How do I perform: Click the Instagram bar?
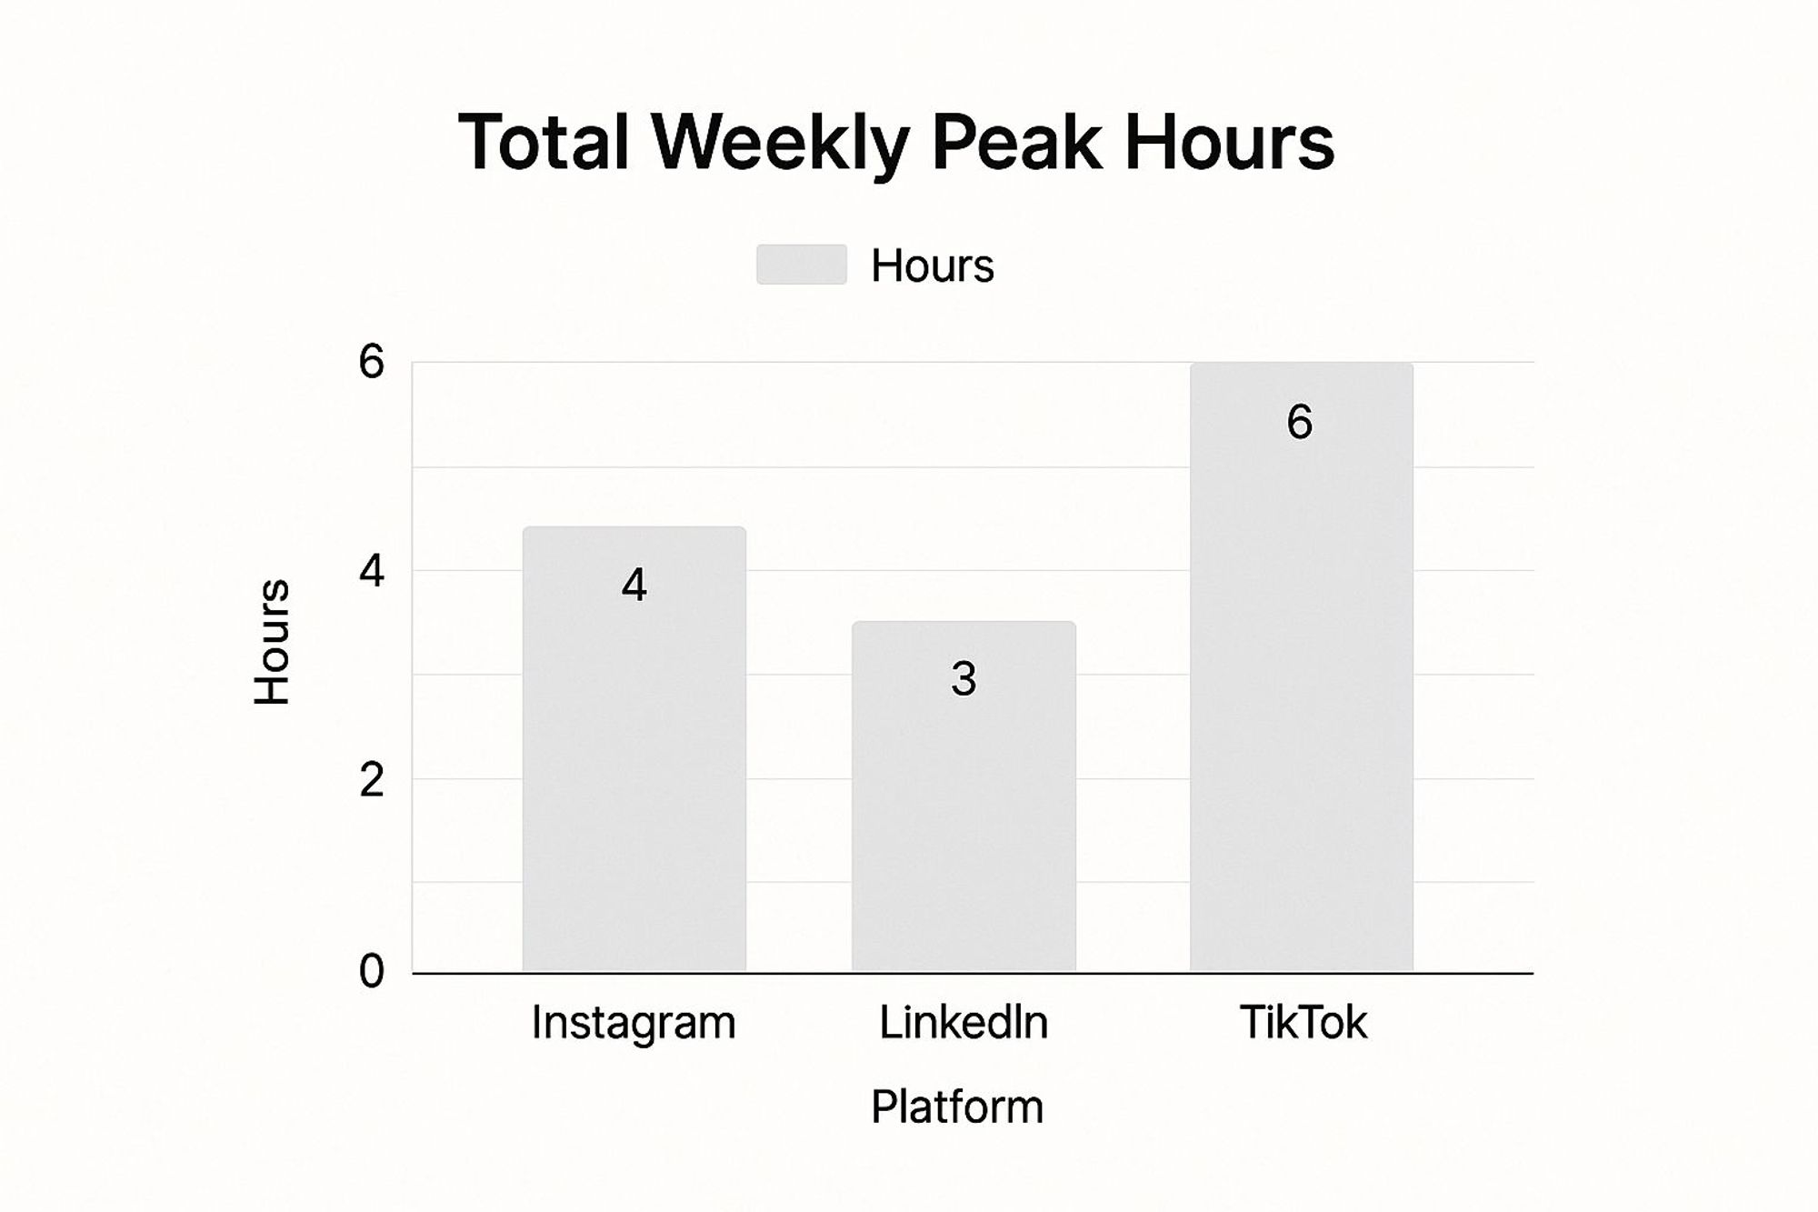(634, 749)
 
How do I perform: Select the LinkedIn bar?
(964, 796)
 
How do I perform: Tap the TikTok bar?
(1302, 667)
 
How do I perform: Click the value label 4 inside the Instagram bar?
(634, 585)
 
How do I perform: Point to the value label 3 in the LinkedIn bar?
(964, 679)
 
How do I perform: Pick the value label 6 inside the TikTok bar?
(1300, 422)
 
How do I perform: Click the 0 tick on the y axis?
(371, 971)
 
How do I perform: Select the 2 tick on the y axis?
(371, 780)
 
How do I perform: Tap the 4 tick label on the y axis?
(371, 572)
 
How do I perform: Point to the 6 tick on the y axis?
(371, 362)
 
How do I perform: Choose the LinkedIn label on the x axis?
(964, 1022)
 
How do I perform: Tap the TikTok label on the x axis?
(1303, 1022)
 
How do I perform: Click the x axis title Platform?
(957, 1107)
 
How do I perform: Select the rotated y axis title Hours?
(271, 641)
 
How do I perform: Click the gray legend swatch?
(802, 265)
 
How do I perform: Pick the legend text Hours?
(933, 265)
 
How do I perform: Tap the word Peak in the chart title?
(1016, 142)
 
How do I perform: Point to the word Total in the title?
(544, 142)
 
